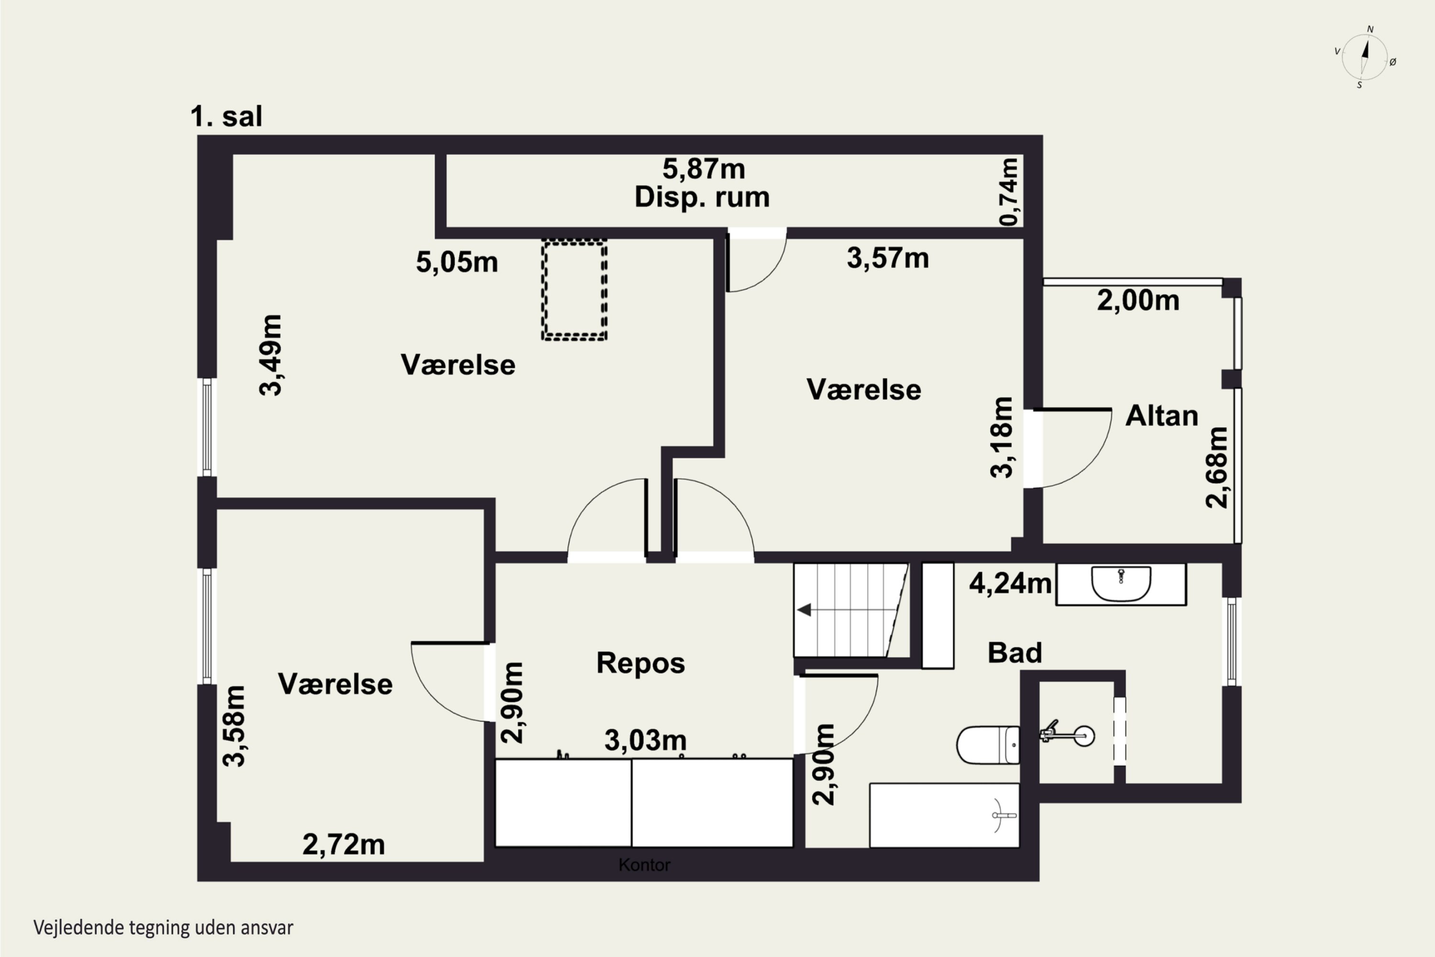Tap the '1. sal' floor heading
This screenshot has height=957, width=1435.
pos(226,116)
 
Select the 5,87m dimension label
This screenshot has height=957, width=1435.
pos(704,169)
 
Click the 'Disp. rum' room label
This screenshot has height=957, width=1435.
pos(702,197)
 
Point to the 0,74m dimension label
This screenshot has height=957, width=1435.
pos(1009,192)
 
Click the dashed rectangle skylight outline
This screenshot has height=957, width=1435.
pos(574,290)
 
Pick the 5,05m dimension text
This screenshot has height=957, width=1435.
pos(457,262)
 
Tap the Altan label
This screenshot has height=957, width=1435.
pos(1162,416)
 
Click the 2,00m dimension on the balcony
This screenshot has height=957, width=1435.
pos(1138,300)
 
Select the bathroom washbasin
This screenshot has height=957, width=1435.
pos(1121,584)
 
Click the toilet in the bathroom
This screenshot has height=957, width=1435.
pos(988,745)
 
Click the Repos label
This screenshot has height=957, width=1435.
pos(640,663)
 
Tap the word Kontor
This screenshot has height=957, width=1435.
pos(644,865)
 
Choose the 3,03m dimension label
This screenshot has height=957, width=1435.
pos(645,740)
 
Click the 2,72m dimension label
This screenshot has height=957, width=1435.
pos(343,845)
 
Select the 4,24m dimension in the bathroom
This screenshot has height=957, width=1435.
pos(1010,583)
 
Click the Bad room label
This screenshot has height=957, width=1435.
pos(1015,653)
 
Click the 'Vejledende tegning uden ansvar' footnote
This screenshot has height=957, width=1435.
pos(164,928)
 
